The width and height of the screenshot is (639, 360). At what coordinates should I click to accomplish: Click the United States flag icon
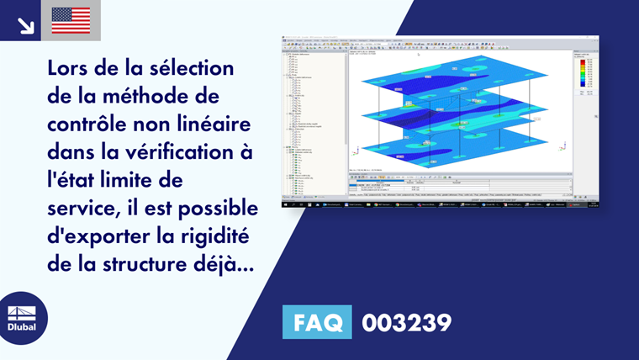coord(71,20)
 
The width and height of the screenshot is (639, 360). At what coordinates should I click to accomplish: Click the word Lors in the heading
coord(71,66)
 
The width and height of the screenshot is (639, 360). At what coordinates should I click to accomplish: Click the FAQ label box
coord(319,321)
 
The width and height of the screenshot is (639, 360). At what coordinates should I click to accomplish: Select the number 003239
coord(406,321)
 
